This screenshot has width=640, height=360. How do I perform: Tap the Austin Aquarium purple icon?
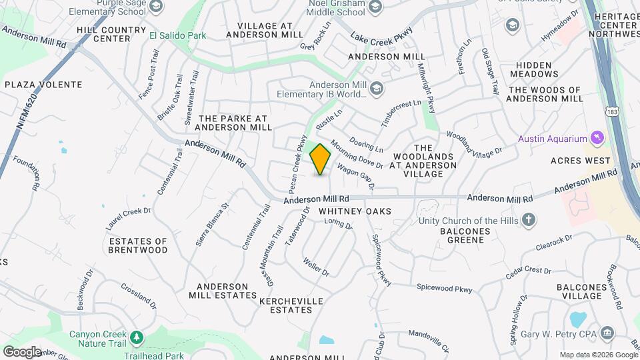(x=598, y=139)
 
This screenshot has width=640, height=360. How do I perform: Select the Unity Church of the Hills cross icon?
(x=528, y=219)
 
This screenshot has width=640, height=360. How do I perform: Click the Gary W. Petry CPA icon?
(x=607, y=332)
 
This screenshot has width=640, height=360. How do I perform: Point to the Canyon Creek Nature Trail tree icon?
(x=137, y=337)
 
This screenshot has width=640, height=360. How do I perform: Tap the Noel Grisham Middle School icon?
(x=375, y=7)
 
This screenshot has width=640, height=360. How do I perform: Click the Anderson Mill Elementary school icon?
(x=377, y=88)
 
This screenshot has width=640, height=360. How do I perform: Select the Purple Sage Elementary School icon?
(x=155, y=6)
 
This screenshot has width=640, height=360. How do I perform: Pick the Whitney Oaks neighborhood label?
(x=354, y=211)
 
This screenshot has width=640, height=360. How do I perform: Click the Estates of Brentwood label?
(x=138, y=245)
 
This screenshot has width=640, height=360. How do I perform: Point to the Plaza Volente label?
(x=43, y=85)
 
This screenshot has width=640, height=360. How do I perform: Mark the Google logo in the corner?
(x=21, y=352)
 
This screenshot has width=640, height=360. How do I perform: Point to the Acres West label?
(x=580, y=161)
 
